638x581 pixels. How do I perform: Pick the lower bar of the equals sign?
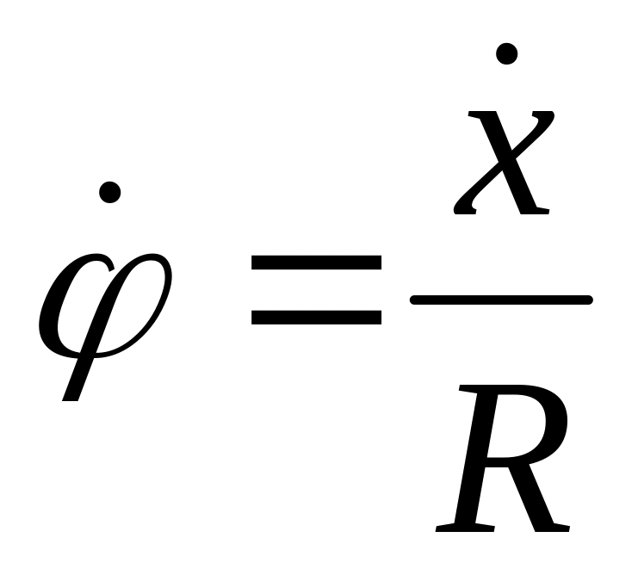316,316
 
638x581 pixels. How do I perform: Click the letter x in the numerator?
504,164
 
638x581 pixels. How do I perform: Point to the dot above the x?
506,54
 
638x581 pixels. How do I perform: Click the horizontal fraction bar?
502,300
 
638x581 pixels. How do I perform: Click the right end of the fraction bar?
588,300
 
